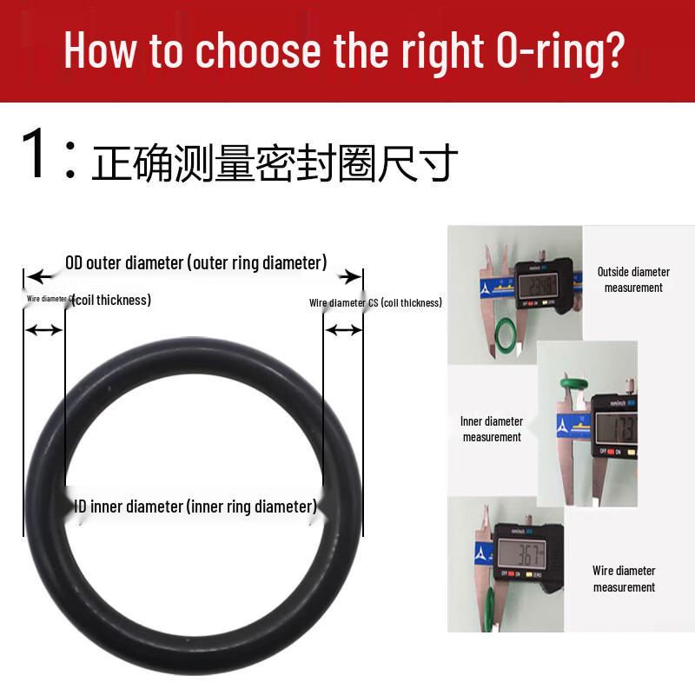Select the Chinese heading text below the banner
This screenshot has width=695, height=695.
point(275,163)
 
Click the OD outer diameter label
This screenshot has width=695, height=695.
point(196,262)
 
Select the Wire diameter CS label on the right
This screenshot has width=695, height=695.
point(375,302)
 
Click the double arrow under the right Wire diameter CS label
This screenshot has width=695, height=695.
point(343,329)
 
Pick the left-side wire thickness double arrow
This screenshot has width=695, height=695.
point(43,330)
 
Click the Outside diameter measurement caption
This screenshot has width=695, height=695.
point(633,280)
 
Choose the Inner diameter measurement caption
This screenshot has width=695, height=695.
point(492,429)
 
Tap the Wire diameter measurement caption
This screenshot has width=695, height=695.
point(624,579)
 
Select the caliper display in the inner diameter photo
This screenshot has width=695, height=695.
point(619,427)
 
